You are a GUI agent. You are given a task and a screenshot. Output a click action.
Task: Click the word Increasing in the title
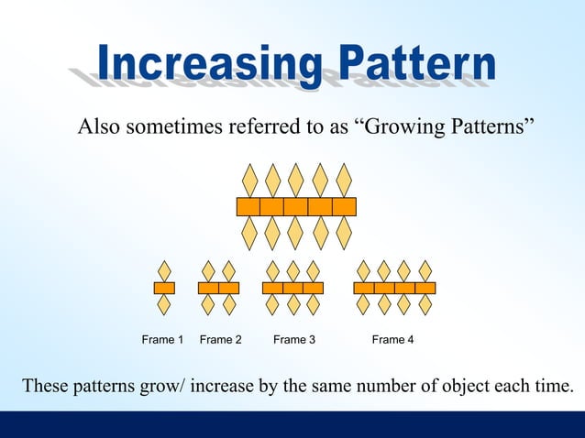coord(205,64)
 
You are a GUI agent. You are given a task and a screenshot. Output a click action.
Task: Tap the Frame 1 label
coord(162,340)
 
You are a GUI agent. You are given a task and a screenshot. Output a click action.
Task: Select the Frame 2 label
coord(220,340)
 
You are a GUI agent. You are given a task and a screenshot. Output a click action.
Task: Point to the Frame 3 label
coord(293,340)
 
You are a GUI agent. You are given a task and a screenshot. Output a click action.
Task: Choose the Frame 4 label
coord(392,340)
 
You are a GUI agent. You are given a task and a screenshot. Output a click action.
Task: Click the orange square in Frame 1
coord(164,288)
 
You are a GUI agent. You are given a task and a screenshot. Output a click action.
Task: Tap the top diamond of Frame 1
coord(164,271)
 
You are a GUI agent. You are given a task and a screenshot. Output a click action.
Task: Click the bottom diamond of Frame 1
coord(164,304)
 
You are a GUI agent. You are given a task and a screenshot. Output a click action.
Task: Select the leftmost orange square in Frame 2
coord(208,288)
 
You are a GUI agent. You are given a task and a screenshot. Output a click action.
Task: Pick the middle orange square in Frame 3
coord(292,288)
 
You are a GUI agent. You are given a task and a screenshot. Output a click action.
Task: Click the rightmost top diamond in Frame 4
coord(425,271)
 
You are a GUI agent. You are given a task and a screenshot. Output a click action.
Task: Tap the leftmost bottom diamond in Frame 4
coord(363,304)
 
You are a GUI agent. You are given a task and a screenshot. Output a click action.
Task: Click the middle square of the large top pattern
coord(295,207)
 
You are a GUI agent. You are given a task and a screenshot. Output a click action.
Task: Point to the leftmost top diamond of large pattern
coord(248,180)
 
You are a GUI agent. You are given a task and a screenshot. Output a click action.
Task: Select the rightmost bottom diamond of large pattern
coord(344,234)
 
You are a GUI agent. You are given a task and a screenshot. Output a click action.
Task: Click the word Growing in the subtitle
coord(403,126)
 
